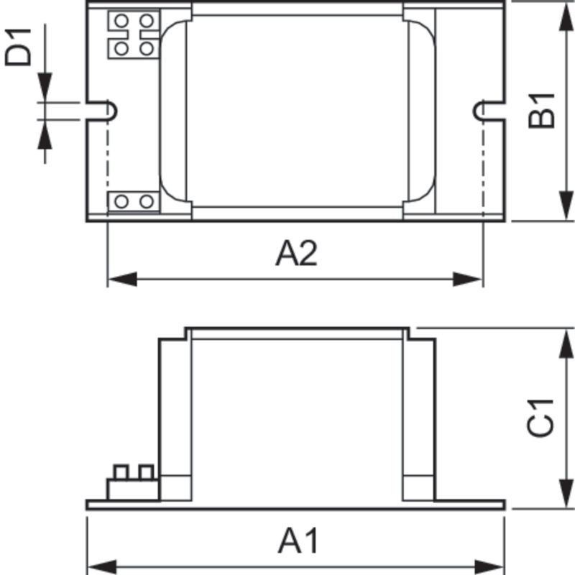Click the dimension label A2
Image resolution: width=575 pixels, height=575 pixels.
point(295,254)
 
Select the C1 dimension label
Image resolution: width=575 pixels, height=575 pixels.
point(540,417)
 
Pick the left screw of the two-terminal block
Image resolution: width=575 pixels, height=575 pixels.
point(121,201)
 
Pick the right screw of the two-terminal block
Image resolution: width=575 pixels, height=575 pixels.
point(146,201)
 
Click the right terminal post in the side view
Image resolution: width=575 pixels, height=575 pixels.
point(146,472)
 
